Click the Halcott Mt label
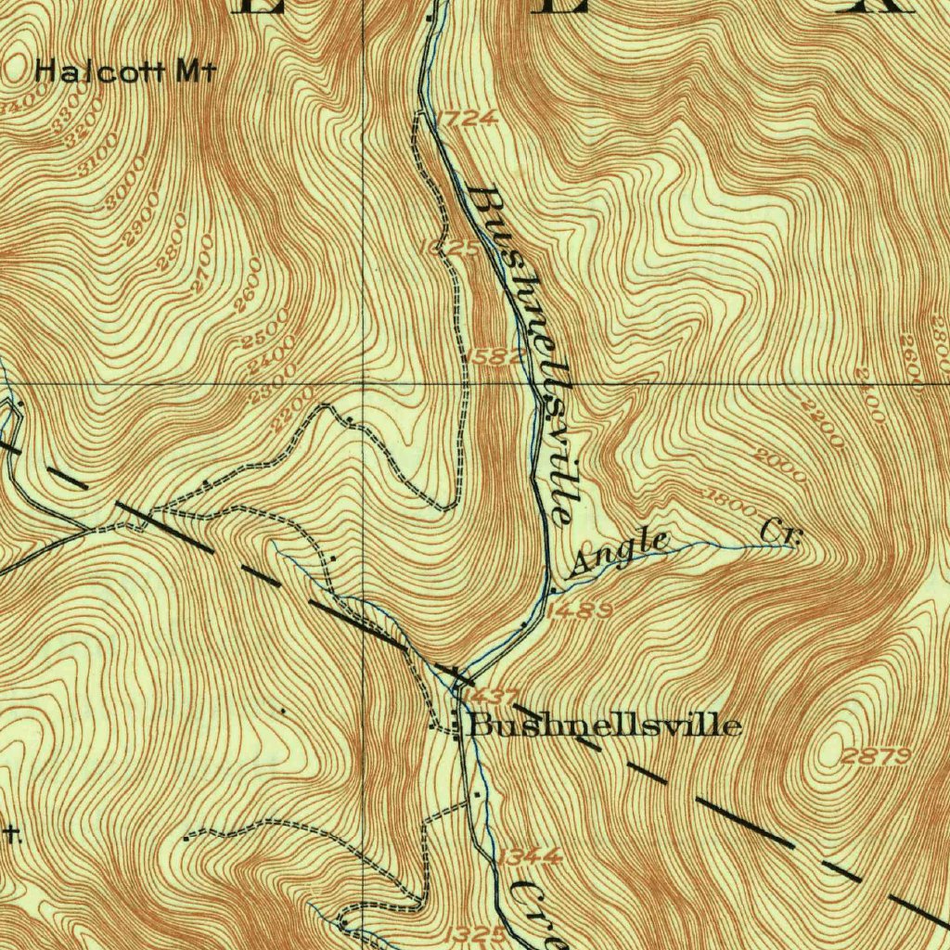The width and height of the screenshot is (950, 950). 125,71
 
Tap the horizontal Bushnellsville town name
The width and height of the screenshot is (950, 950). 606,725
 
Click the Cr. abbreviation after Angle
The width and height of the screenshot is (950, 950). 779,533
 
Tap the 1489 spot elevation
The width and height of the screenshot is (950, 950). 579,610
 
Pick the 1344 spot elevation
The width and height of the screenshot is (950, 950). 529,857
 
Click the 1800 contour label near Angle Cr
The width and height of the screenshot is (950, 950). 733,501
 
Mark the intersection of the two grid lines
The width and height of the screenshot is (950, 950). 363,382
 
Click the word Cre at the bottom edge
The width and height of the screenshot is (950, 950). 536,913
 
